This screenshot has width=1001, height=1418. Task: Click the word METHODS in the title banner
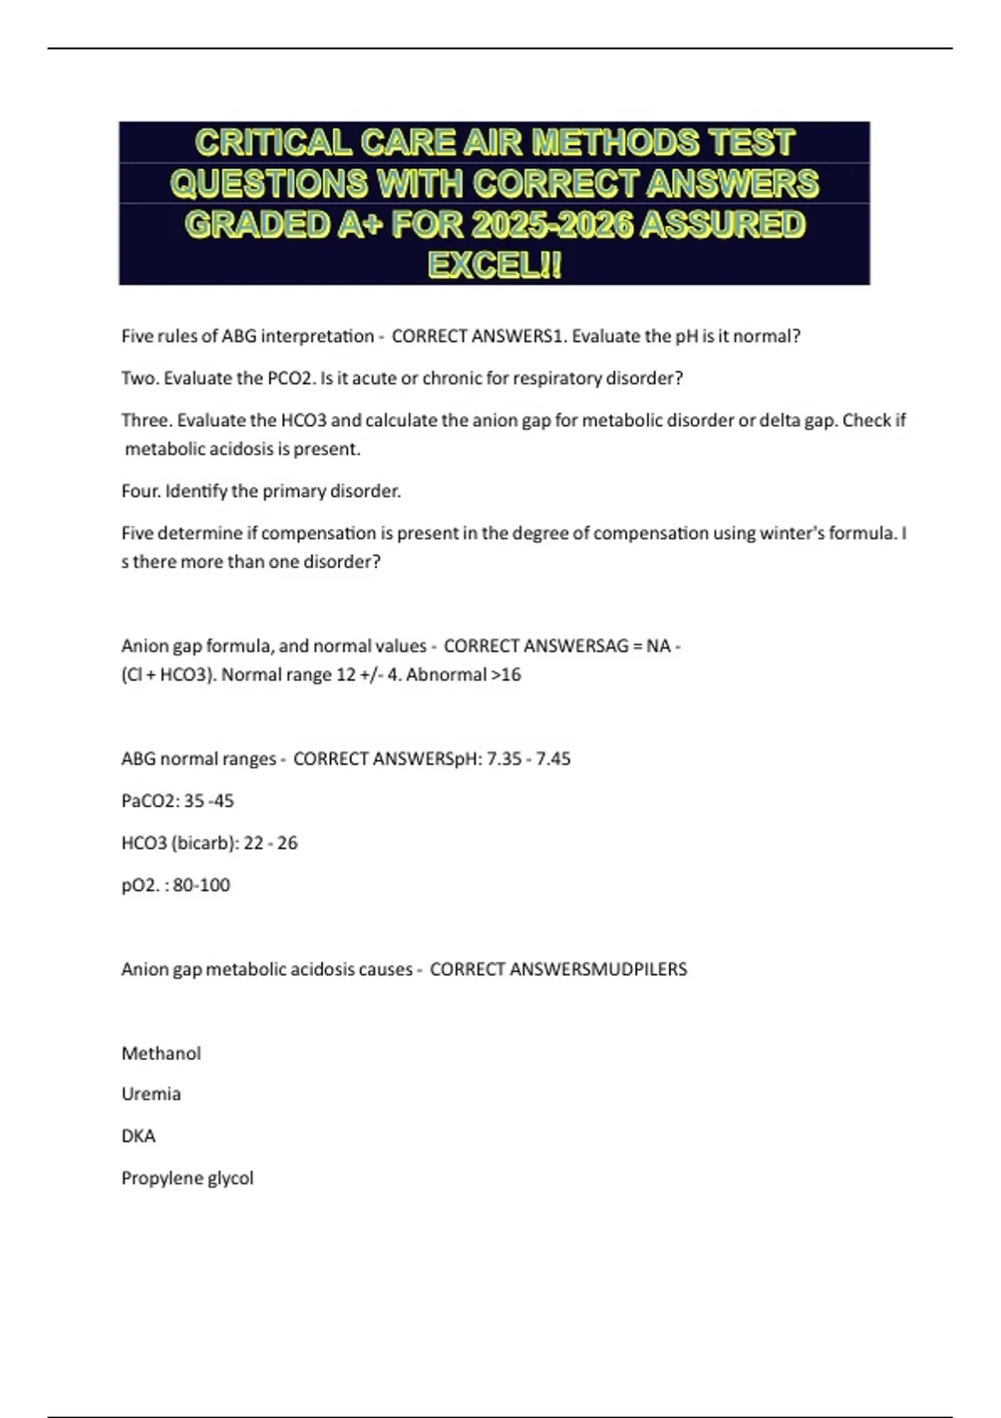616,143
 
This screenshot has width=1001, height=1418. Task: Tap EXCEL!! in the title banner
495,265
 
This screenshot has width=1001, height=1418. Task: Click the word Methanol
161,1053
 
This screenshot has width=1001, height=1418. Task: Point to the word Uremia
151,1094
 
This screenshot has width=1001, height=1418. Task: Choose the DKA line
138,1136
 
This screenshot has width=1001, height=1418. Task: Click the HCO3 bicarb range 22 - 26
270,843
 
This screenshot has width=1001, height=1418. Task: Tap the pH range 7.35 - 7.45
529,759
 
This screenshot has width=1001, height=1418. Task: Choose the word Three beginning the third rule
145,420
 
